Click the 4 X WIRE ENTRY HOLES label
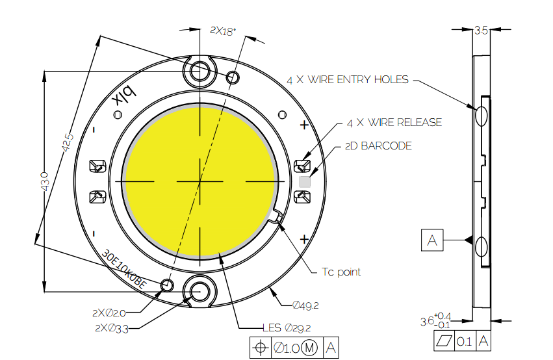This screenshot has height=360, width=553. (348, 80)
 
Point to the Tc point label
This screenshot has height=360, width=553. (341, 272)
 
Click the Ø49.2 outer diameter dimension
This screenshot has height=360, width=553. (305, 305)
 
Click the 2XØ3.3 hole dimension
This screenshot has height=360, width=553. (112, 328)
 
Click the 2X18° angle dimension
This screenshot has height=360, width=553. (223, 31)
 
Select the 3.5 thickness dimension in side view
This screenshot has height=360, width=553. (481, 30)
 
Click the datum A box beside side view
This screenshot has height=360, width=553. (432, 240)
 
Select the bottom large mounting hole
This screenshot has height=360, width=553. (199, 290)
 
